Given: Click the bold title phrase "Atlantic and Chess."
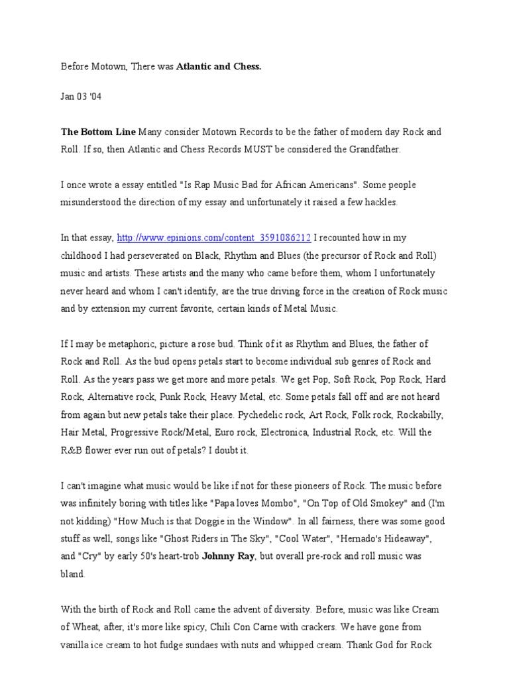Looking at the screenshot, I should tap(219, 67).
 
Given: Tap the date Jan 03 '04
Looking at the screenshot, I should tap(82, 97).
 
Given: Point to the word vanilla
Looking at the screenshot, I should tap(77, 644).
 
